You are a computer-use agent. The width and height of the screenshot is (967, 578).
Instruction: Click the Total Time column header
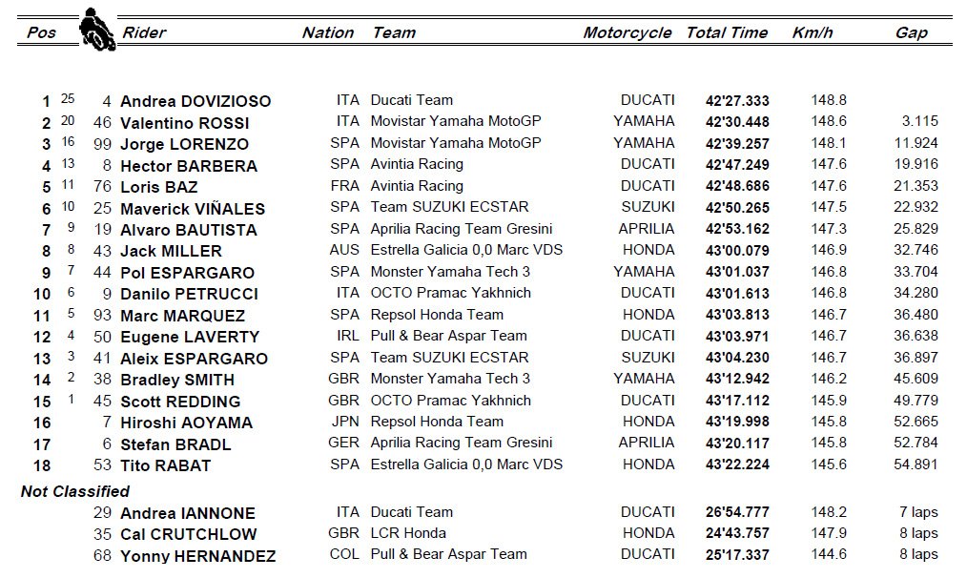(727, 32)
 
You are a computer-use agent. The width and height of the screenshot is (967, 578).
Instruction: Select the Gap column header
(911, 32)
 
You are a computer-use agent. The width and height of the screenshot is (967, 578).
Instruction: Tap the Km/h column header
(812, 32)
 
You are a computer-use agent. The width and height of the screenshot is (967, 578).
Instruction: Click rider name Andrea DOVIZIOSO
(195, 101)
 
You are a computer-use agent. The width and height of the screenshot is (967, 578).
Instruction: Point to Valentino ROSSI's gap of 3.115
(919, 121)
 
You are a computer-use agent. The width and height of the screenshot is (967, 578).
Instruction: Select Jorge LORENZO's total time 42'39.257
(737, 143)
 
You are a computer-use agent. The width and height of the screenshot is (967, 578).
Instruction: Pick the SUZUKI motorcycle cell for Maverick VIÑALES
(648, 207)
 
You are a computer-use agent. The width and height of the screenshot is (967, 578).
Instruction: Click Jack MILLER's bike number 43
(104, 251)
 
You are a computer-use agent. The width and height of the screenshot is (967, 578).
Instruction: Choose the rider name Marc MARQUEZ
(182, 316)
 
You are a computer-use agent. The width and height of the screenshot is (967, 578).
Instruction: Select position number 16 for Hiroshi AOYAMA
(41, 423)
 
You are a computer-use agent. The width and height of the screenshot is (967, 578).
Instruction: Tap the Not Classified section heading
(75, 491)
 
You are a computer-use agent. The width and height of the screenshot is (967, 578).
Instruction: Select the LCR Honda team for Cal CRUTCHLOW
(408, 533)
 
